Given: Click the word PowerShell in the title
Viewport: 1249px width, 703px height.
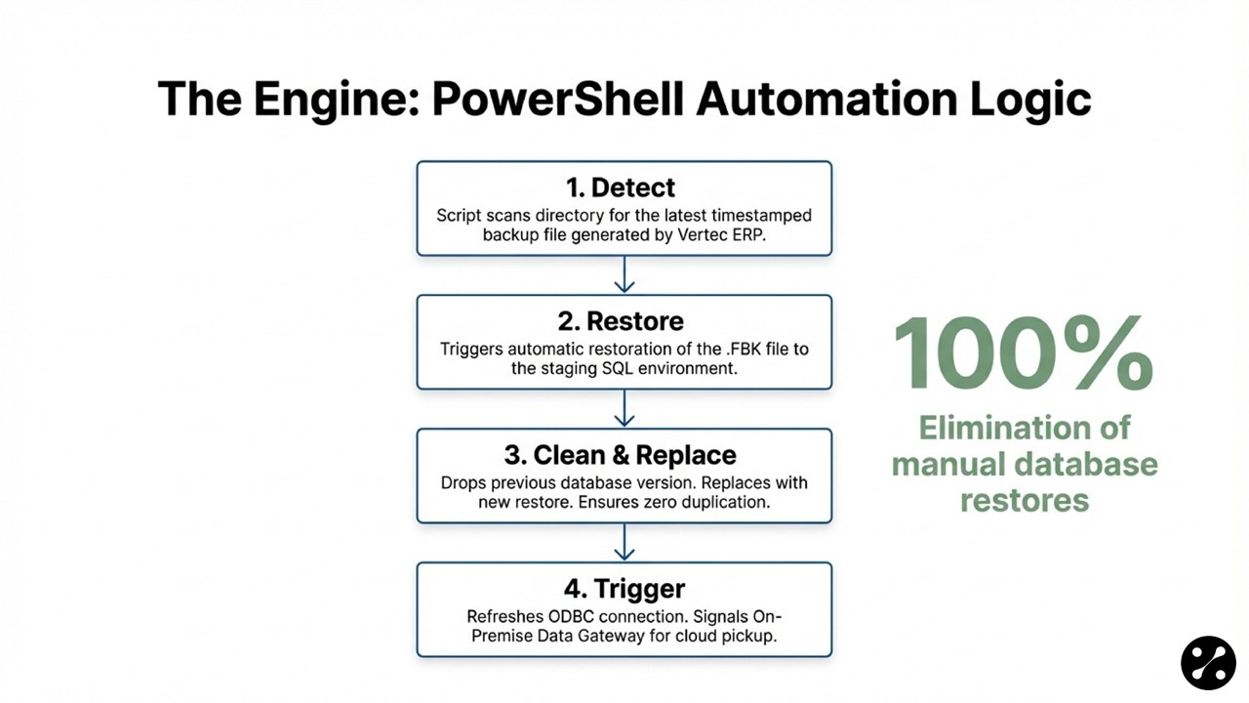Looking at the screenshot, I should [559, 100].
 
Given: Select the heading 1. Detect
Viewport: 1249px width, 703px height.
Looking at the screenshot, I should [620, 187].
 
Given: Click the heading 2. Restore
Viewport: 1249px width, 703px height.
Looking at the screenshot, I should [622, 321].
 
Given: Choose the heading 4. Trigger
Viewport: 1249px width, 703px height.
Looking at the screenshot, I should [624, 589].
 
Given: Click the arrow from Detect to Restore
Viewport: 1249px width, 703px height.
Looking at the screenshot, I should [624, 275].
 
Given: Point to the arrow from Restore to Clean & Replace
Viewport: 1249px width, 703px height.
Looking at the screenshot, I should [624, 409].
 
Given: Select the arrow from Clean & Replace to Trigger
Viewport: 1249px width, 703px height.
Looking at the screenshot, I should [624, 543].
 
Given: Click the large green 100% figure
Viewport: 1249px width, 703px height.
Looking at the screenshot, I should [1023, 353].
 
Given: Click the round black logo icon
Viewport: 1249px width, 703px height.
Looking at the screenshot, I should [1208, 663].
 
